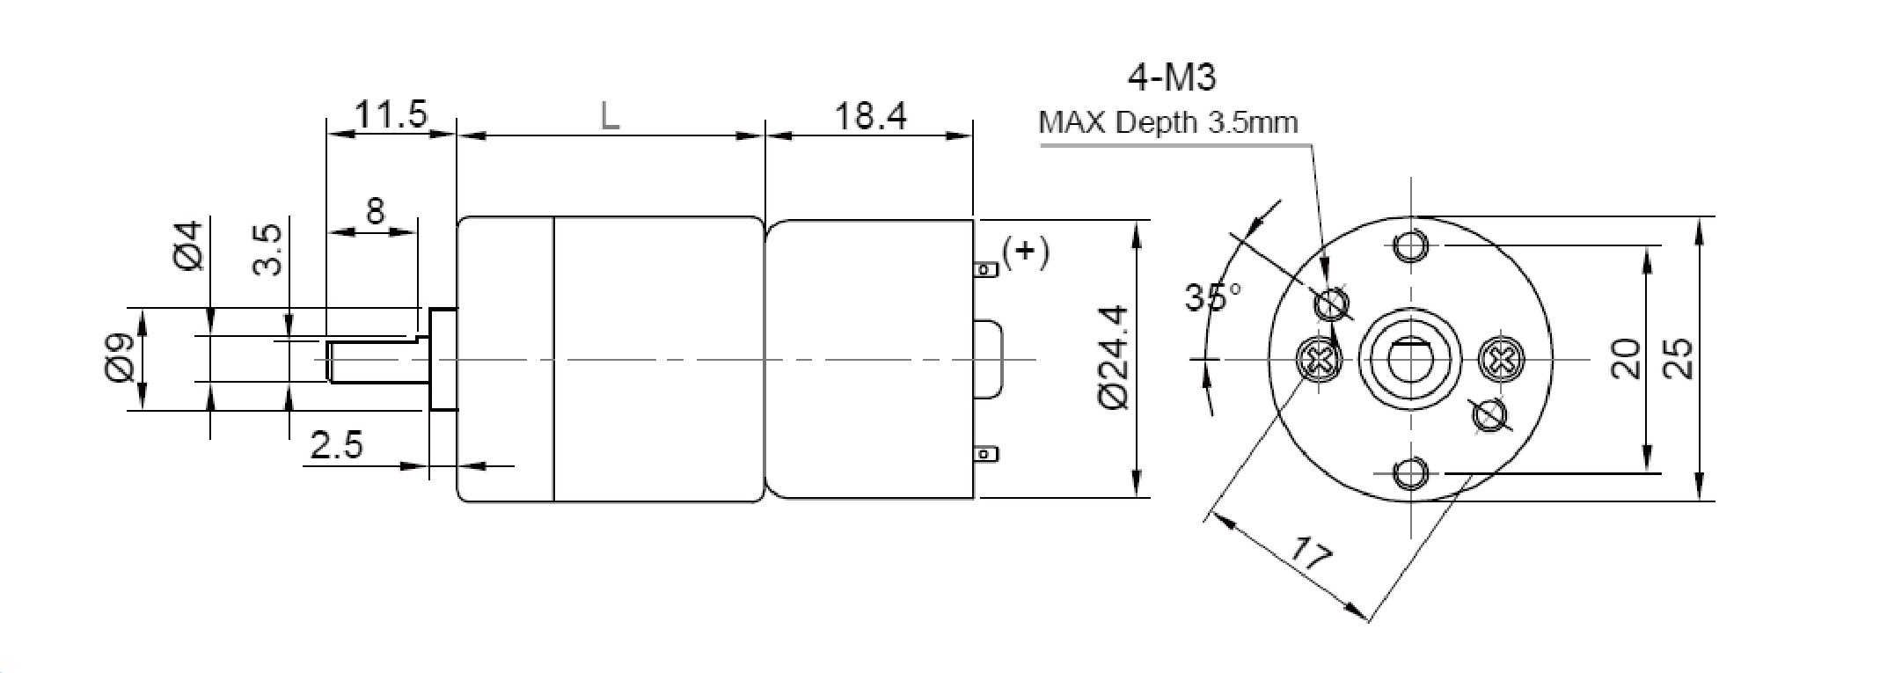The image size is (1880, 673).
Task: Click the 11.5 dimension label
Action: tap(390, 114)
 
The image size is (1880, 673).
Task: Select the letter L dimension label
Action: tap(610, 116)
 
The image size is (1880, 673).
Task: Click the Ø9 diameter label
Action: tap(120, 358)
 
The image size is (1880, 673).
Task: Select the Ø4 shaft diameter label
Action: tap(188, 246)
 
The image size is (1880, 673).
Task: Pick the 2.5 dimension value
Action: tap(336, 446)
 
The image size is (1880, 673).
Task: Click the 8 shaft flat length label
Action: tap(376, 212)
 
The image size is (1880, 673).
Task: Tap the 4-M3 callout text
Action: tap(1171, 79)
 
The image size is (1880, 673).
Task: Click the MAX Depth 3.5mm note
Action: tap(1167, 122)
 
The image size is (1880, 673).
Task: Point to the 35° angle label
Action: tap(1212, 297)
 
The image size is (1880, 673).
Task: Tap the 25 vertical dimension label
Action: tap(1679, 358)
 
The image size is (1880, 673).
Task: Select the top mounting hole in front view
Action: tap(1411, 245)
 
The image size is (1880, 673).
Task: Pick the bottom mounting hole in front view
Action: tap(1411, 474)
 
